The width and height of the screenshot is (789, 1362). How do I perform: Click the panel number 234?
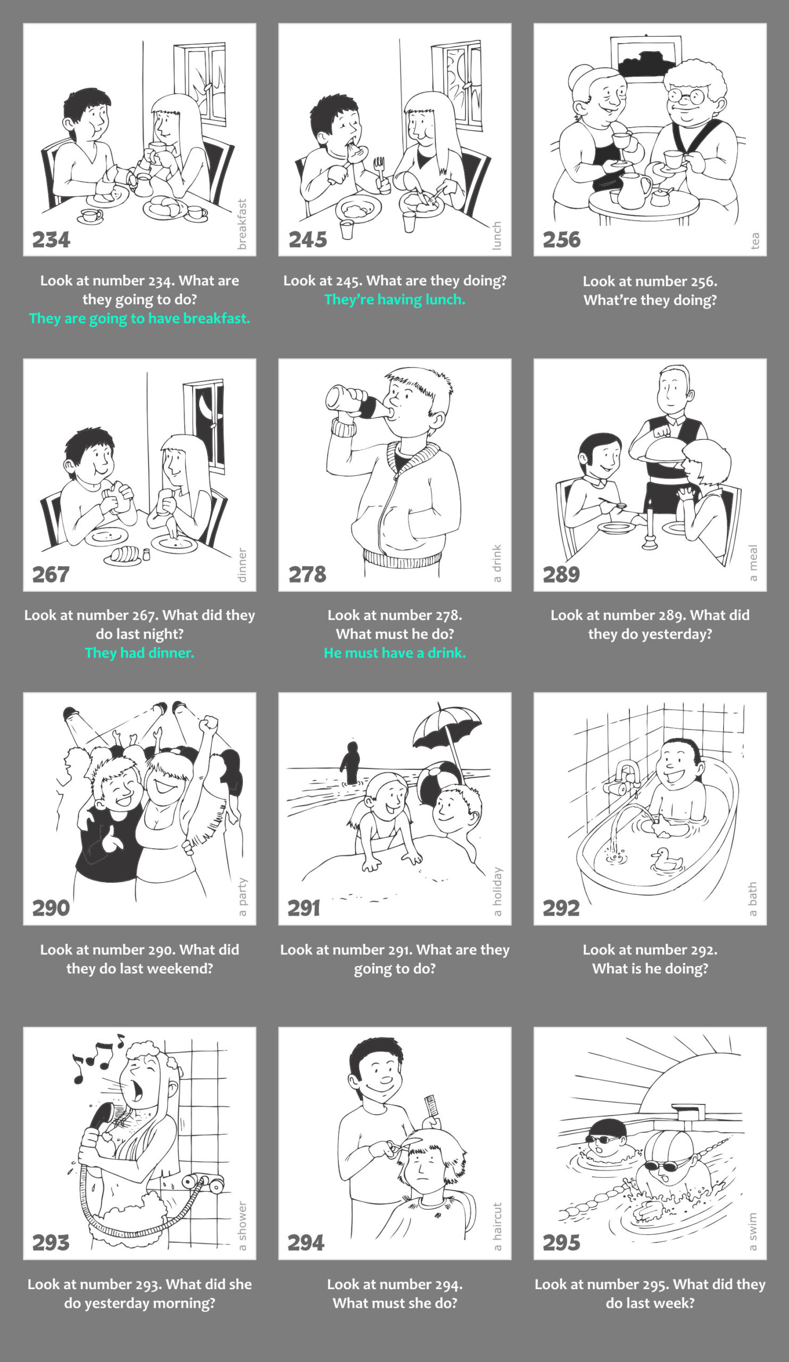[51, 239]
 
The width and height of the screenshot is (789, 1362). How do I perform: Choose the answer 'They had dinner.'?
[139, 653]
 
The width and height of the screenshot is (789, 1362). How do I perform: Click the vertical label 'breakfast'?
[242, 224]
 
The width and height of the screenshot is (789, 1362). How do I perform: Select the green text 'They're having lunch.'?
[395, 300]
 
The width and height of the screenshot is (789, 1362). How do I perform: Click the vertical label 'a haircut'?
[497, 1226]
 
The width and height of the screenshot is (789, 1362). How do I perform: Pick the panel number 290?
[51, 908]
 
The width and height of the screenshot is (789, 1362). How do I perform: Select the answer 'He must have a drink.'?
[395, 653]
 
